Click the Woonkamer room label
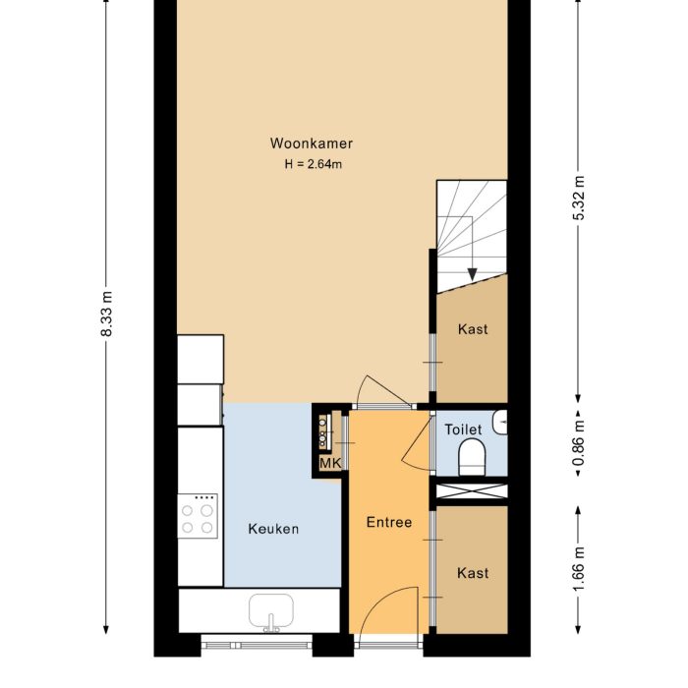(312, 143)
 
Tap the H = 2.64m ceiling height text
(313, 164)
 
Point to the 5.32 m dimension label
(579, 200)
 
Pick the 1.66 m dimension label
(579, 567)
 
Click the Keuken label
(273, 529)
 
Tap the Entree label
(389, 522)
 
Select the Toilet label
(463, 430)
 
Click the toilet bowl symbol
(473, 457)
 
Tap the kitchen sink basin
(270, 611)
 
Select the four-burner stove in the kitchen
(200, 518)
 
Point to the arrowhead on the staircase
(472, 272)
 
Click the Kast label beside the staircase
(473, 329)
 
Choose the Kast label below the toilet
(473, 573)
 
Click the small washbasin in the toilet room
(502, 423)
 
